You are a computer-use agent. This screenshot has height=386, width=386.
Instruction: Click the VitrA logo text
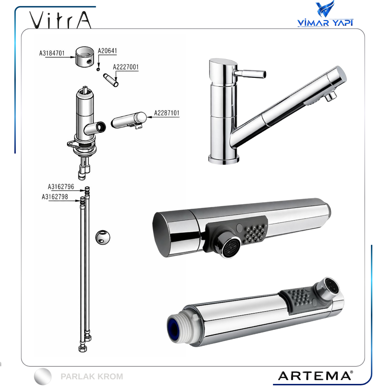[x=60, y=20]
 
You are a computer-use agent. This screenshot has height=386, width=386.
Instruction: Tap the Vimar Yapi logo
[x=325, y=14]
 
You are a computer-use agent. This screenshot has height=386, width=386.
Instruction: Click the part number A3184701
[x=52, y=53]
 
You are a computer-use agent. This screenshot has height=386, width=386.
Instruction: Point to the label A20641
[x=107, y=51]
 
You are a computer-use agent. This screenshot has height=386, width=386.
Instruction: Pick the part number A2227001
[x=126, y=67]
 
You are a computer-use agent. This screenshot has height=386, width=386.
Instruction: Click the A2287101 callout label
[x=167, y=113]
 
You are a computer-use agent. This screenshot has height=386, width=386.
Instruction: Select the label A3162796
[x=61, y=187]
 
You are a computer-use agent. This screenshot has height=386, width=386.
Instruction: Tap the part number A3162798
[x=55, y=197]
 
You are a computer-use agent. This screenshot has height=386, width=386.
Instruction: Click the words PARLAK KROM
[x=92, y=377]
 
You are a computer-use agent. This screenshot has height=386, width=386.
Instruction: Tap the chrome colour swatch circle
[x=43, y=376]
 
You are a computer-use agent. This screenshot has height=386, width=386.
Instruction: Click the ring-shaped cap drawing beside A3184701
[x=85, y=56]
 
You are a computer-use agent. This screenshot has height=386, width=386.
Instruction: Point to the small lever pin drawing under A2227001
[x=111, y=80]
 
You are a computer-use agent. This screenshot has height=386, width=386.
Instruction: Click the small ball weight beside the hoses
[x=103, y=237]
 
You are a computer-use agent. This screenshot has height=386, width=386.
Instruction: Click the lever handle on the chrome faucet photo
[x=249, y=73]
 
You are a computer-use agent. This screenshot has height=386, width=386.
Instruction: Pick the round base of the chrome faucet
[x=224, y=159]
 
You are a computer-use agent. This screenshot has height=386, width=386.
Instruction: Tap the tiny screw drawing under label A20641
[x=98, y=69]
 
